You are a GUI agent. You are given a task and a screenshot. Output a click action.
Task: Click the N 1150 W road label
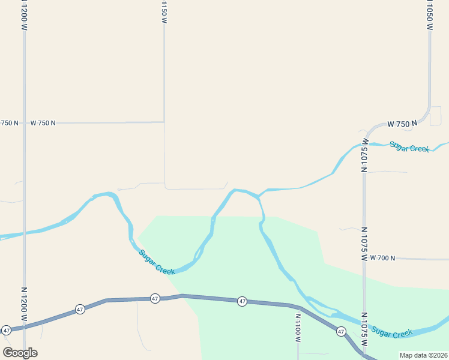pyautogui.click(x=164, y=12)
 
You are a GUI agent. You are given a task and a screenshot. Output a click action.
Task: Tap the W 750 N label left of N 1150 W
pyautogui.click(x=43, y=123)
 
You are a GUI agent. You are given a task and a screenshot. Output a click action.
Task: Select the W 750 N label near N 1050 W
pyautogui.click(x=402, y=124)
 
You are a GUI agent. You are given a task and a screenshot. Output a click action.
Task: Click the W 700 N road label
pyautogui.click(x=382, y=258)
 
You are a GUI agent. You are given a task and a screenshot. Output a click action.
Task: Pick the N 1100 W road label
pyautogui.click(x=298, y=328)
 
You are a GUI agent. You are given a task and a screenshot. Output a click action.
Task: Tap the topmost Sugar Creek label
pyautogui.click(x=409, y=146)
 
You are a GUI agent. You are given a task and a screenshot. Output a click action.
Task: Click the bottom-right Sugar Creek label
pyautogui.click(x=391, y=332)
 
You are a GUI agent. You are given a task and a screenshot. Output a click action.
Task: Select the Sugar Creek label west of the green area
pyautogui.click(x=157, y=262)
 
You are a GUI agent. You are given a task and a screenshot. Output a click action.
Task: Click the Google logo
pyautogui.click(x=20, y=353)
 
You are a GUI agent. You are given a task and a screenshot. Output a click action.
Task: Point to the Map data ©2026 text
pyautogui.click(x=423, y=355)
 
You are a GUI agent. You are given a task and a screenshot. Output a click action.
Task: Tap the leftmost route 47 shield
pyautogui.click(x=6, y=330)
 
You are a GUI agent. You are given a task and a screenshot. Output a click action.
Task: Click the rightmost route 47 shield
pyautogui.click(x=341, y=331)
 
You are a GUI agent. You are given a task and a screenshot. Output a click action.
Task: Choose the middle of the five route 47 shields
pyautogui.click(x=155, y=298)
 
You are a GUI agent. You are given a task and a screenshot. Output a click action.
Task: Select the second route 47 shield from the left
pyautogui.click(x=80, y=310)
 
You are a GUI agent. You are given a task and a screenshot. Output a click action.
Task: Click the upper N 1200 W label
pyautogui.click(x=24, y=15)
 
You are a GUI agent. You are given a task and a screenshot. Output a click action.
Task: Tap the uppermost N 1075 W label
pyautogui.click(x=364, y=155)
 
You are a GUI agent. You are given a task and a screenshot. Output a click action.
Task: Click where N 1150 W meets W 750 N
pyautogui.click(x=164, y=122)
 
